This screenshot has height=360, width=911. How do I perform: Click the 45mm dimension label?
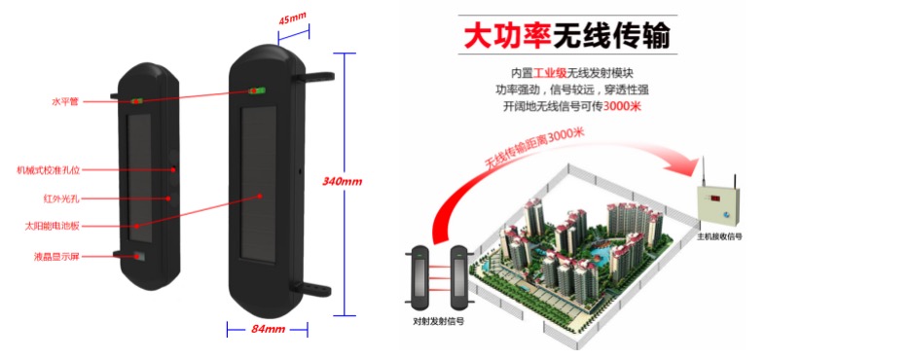click(x=292, y=18)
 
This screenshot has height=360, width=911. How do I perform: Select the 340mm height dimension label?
click(x=342, y=182)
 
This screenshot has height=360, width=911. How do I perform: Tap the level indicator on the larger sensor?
click(x=257, y=91)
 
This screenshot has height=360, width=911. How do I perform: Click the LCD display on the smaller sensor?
click(x=137, y=257)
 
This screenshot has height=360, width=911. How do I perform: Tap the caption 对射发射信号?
click(x=438, y=319)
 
